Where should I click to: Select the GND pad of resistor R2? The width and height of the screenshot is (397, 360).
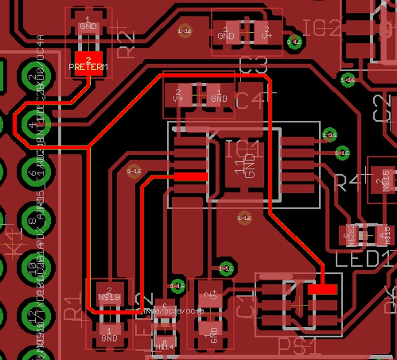point(89,25)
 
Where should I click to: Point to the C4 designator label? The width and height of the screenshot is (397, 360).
point(252,100)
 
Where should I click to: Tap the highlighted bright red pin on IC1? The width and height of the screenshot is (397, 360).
point(191,176)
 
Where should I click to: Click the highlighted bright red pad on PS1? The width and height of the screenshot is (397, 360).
point(322,289)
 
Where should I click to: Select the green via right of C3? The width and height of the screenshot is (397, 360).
point(294,42)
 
